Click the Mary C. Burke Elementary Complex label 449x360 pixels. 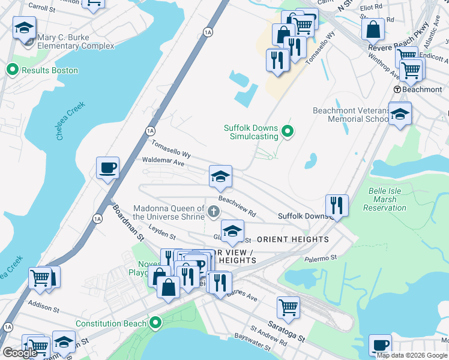pyautogui.click(x=76, y=41)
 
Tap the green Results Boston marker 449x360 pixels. pyautogui.click(x=12, y=70)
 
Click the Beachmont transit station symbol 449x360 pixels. pyautogui.click(x=397, y=89)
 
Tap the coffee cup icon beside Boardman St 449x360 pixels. pyautogui.click(x=107, y=167)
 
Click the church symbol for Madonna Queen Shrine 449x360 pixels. pyautogui.click(x=214, y=211)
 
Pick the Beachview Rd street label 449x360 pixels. pyautogui.click(x=237, y=206)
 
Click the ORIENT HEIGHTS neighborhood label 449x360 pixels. pyautogui.click(x=292, y=239)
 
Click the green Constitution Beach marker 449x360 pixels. pyautogui.click(x=155, y=323)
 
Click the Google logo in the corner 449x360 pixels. pyautogui.click(x=20, y=353)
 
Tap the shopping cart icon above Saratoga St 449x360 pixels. pyautogui.click(x=288, y=307)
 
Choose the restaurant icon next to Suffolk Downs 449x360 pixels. pyautogui.click(x=337, y=205)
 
